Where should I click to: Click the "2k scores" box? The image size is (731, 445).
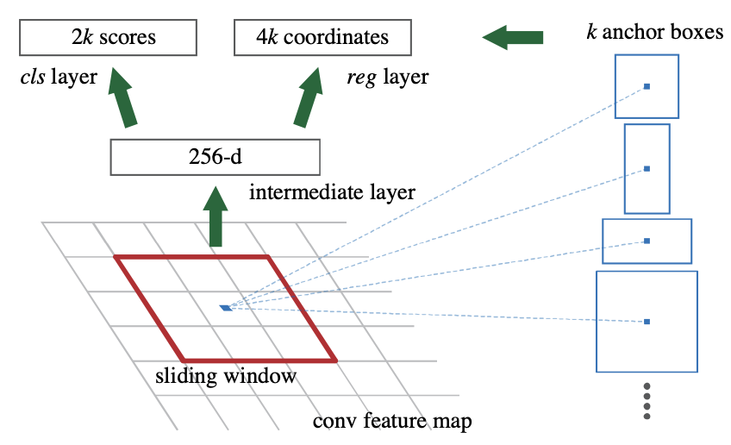click(108, 37)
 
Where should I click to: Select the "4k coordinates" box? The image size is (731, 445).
click(322, 37)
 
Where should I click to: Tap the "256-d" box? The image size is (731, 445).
click(216, 157)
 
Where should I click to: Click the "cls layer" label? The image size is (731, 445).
click(59, 77)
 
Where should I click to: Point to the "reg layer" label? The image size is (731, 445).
click(387, 78)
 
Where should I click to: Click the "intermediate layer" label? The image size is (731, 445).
click(332, 192)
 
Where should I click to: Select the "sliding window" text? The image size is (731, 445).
click(226, 375)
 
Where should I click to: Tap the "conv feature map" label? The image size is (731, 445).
click(392, 421)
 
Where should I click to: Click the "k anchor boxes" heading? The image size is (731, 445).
click(655, 32)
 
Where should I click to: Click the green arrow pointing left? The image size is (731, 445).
click(512, 37)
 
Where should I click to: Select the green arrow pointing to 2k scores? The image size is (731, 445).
click(122, 97)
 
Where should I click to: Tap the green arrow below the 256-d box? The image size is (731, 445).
click(216, 216)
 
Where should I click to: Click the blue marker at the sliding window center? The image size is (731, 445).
click(226, 308)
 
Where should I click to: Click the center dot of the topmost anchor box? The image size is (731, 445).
click(647, 86)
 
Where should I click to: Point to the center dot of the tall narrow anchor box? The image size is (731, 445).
click(647, 169)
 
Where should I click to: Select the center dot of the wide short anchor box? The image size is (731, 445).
click(647, 241)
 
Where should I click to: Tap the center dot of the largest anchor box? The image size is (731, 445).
click(647, 322)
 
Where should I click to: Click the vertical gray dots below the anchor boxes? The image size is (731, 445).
click(647, 401)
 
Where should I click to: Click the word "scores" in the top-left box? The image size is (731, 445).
click(128, 37)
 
